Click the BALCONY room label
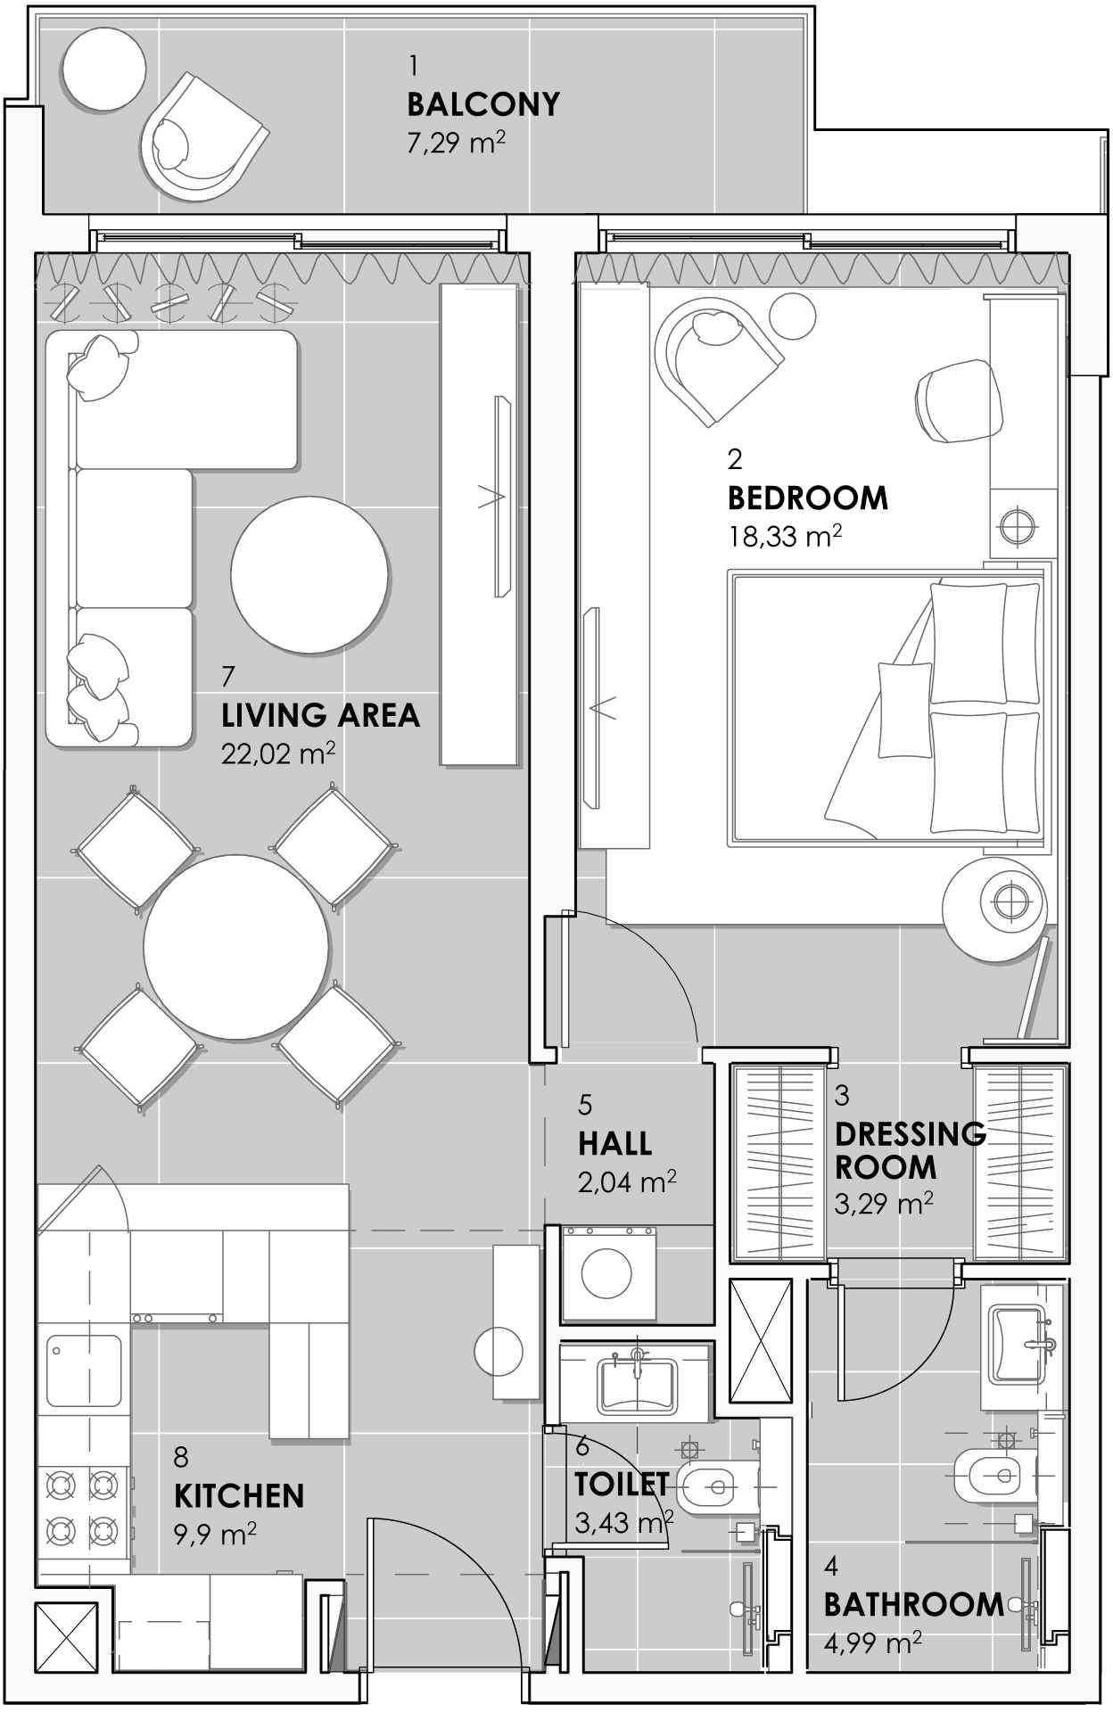(x=483, y=104)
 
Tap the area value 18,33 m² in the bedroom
(x=785, y=536)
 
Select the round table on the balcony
(x=103, y=68)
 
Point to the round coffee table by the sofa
(x=309, y=575)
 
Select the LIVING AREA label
(x=320, y=715)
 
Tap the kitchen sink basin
(x=84, y=1370)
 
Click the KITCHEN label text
(x=239, y=1495)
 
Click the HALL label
(x=614, y=1143)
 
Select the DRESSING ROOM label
(x=911, y=1150)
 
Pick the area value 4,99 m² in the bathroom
(x=872, y=1643)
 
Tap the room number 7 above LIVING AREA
(x=228, y=677)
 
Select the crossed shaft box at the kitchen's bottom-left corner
(x=67, y=1642)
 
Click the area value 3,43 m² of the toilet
(x=624, y=1522)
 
